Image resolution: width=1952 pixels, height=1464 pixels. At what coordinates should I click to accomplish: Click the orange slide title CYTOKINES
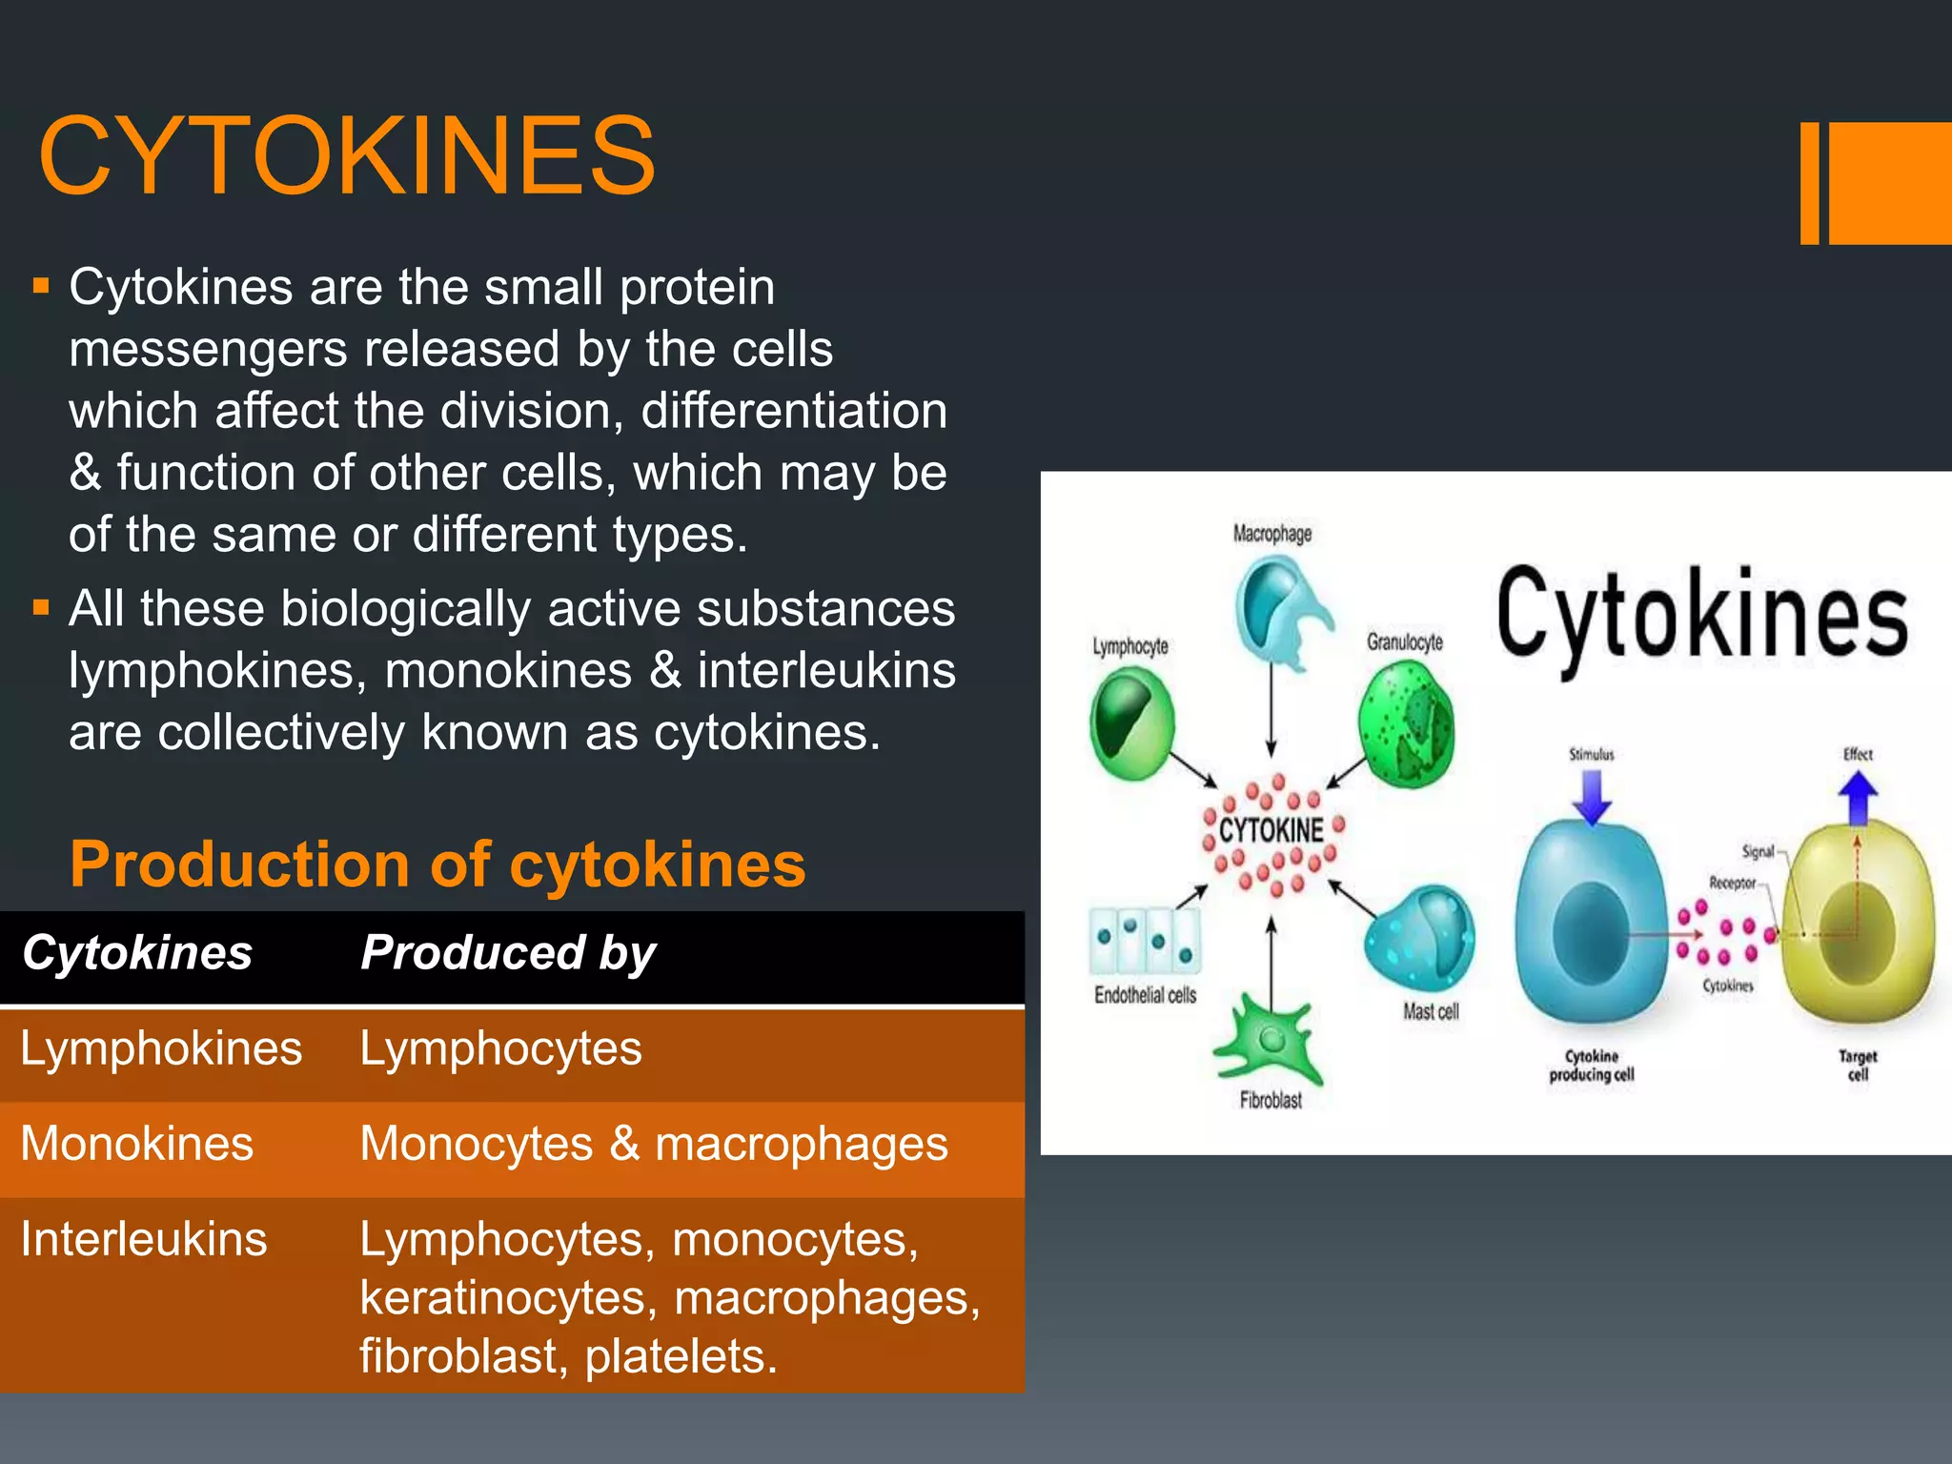pos(347,155)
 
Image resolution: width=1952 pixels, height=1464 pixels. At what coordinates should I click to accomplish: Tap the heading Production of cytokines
pos(437,864)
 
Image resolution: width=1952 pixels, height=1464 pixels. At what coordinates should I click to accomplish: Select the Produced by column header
pos(508,953)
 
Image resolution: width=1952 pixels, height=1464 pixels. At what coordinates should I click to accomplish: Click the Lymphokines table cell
pos(161,1048)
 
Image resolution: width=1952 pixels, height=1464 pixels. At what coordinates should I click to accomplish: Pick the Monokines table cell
pos(137,1144)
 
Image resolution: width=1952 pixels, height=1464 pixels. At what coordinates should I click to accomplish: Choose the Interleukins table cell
pos(144,1239)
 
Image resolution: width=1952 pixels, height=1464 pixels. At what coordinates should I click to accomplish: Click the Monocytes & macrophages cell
pos(654,1144)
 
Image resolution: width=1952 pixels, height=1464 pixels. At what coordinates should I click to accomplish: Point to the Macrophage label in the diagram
pos(1272,533)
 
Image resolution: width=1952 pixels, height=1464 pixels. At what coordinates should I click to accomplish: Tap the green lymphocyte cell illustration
pos(1131,722)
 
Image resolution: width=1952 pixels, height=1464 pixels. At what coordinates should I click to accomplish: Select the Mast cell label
pos(1431,1011)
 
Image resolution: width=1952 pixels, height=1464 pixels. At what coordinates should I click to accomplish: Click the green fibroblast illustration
pos(1269,1042)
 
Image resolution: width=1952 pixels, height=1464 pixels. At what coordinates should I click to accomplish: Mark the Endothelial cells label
pos(1145,995)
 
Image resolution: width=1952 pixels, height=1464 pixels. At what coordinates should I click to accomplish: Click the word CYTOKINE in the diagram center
pos(1271,830)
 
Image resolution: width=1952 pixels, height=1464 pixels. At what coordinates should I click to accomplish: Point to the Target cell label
pos(1858,1065)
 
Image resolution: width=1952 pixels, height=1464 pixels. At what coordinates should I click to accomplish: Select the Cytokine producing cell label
pos(1592,1065)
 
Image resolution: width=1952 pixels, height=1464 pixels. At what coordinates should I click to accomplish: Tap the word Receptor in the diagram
pos(1732,883)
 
